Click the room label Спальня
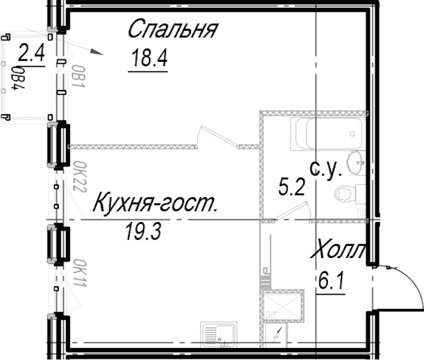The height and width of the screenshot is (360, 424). coord(173,29)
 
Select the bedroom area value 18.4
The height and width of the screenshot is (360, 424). coord(150,58)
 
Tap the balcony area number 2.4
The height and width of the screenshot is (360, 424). coord(31,53)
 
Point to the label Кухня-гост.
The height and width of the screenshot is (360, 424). coord(155,203)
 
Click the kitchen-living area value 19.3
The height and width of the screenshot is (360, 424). coord(143,232)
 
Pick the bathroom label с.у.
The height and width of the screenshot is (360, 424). coord(326,170)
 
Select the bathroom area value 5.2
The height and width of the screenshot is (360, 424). coord(292,187)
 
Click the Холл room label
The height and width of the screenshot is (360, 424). coord(338,248)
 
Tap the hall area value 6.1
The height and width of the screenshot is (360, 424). coord(331,280)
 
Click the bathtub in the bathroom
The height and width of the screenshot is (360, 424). coord(326,134)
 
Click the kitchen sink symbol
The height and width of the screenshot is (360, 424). coord(219,334)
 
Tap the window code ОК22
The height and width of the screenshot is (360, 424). coord(80,176)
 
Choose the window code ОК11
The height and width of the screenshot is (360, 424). coord(80,273)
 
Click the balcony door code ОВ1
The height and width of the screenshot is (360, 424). coord(79,76)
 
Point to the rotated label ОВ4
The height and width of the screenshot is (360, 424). coord(18,78)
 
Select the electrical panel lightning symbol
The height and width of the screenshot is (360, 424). coord(277,334)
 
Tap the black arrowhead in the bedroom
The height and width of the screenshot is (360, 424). coord(97,52)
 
